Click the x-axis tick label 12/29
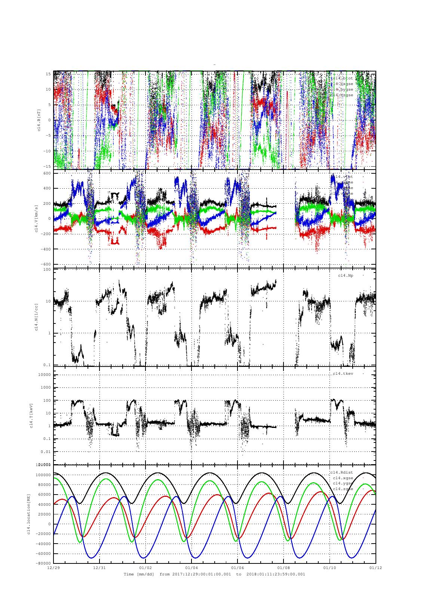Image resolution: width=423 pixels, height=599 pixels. (x=53, y=568)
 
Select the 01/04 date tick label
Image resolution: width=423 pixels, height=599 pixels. (x=191, y=568)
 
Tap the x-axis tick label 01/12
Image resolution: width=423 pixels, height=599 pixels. (x=376, y=568)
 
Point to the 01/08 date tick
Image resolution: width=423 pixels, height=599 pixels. (x=283, y=568)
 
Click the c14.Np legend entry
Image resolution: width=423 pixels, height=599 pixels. (x=345, y=276)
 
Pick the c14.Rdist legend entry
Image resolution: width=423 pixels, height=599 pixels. (x=341, y=472)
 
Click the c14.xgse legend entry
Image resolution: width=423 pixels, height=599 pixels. (x=343, y=478)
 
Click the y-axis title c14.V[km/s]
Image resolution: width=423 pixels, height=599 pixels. (x=36, y=219)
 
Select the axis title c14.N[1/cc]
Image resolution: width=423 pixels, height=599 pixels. (x=36, y=317)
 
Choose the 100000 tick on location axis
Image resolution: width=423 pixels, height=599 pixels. (x=44, y=475)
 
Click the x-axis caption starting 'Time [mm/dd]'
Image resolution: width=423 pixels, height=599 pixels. (x=214, y=574)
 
